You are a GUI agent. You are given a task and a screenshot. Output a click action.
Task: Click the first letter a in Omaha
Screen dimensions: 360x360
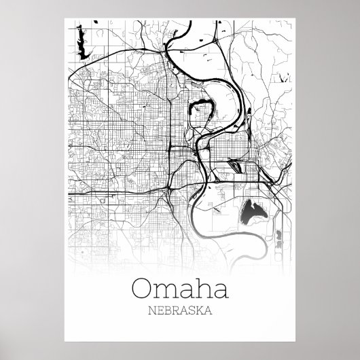coord(182,289)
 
